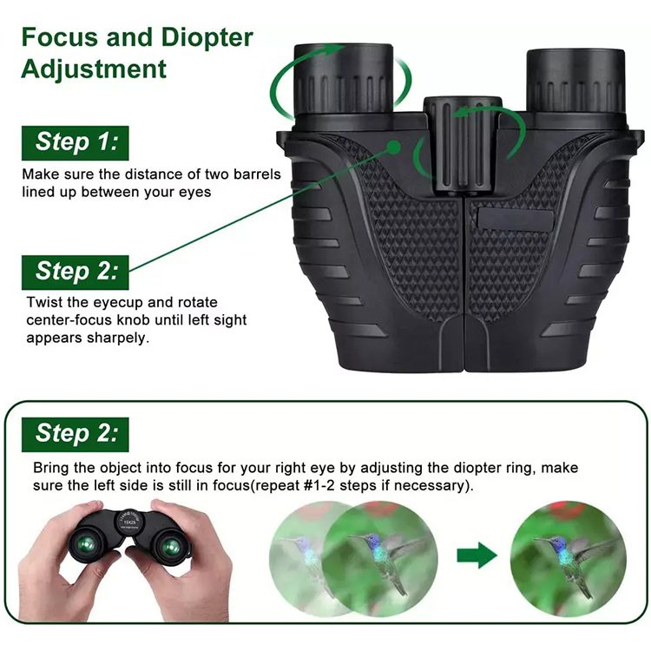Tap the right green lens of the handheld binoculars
pos(171,548)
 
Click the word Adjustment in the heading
pos(93,69)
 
